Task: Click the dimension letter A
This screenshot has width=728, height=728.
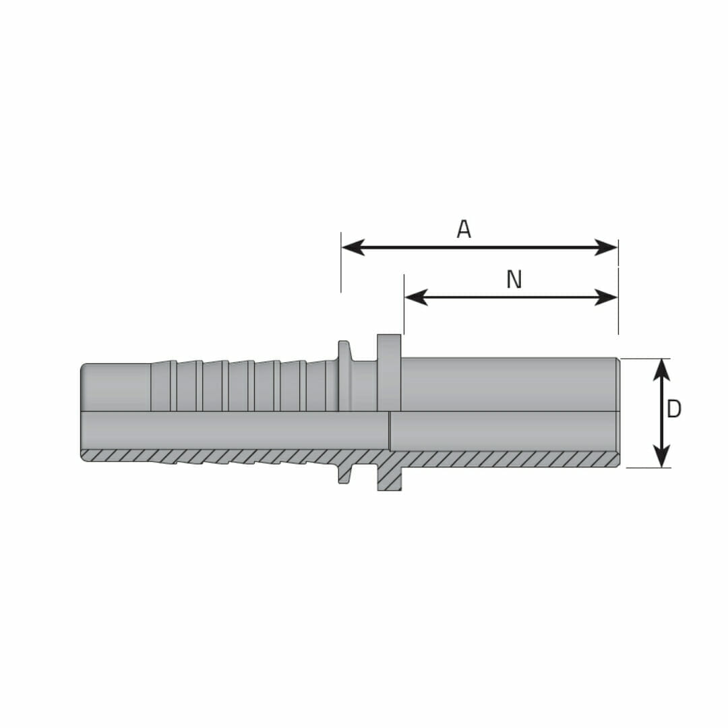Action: [x=464, y=229]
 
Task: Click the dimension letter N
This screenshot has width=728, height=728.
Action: [x=514, y=280]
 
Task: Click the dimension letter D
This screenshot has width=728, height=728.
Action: [x=673, y=409]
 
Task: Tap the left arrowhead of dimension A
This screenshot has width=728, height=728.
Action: [x=353, y=247]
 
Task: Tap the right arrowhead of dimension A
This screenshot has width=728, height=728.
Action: [x=607, y=247]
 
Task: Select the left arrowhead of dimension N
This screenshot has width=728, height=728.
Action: [x=416, y=297]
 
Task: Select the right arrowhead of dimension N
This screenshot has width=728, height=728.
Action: [x=607, y=297]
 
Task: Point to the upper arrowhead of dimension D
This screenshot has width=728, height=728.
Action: [x=662, y=370]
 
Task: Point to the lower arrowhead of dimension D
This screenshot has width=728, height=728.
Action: [x=662, y=456]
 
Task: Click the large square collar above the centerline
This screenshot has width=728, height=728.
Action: [x=389, y=372]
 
